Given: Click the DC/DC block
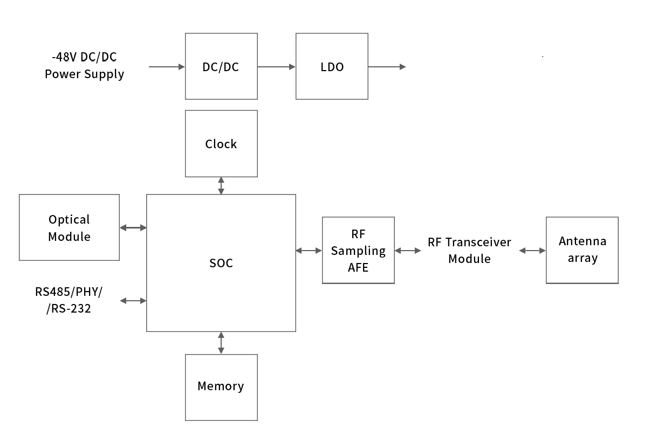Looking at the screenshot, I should tap(221, 66).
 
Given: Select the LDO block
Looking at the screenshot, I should tap(332, 66).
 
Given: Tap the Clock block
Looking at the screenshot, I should tap(221, 143).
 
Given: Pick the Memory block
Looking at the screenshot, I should tap(221, 387).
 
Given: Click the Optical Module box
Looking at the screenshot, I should tap(69, 227).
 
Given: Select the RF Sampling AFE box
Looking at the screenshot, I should tap(358, 250).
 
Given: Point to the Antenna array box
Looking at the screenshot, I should tap(582, 250).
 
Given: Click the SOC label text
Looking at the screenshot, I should tap(221, 264).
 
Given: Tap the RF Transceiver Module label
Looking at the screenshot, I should tap(469, 251).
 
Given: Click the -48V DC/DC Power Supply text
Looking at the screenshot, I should tap(84, 66).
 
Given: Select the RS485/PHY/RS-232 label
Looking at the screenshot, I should tap(69, 300).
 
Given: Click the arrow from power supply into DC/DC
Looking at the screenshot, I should tap(167, 67).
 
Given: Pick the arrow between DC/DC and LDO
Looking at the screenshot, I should tap(276, 67).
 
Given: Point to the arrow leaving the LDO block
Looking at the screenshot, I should tap(387, 67).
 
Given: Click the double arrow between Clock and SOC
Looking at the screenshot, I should tap(221, 185).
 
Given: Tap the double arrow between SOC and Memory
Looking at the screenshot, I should tap(221, 343).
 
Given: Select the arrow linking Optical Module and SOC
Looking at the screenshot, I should tap(133, 228).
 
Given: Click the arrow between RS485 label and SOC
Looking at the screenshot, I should tap(133, 301).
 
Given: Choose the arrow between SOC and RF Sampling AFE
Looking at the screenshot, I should tap(309, 251).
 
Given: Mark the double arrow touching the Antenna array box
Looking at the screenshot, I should tap(532, 251).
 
